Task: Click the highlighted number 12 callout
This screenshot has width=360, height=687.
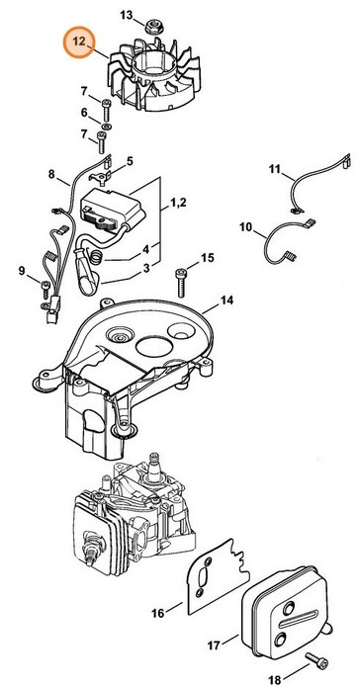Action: (x=79, y=43)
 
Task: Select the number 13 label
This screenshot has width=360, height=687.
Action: (x=127, y=16)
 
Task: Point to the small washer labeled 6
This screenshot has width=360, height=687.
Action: (x=106, y=127)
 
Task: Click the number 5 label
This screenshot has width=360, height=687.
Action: (x=130, y=161)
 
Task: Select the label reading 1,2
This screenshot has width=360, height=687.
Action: (x=178, y=203)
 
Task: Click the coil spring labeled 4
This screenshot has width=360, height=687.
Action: (x=97, y=255)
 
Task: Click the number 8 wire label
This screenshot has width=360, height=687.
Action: (x=51, y=174)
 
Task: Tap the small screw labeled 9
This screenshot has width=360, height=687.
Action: (x=44, y=286)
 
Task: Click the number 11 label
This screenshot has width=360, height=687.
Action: (x=275, y=169)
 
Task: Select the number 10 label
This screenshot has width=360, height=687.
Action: (x=246, y=227)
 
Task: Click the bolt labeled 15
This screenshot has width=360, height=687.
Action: (x=181, y=284)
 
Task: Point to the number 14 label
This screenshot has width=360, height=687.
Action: (x=226, y=301)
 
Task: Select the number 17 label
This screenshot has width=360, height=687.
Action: (x=213, y=645)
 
